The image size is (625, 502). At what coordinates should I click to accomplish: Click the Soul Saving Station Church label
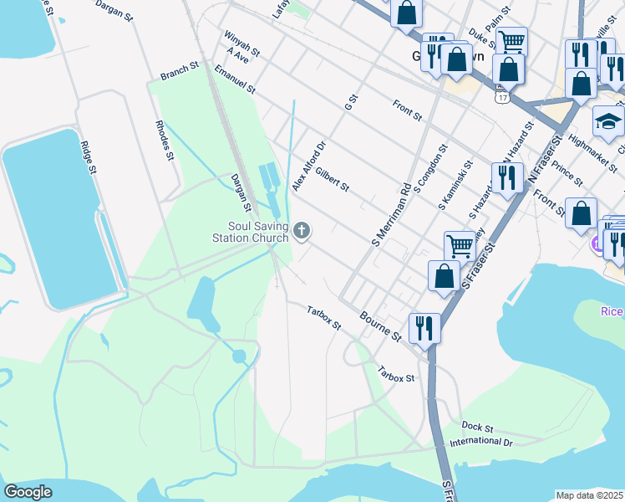(x=258, y=231)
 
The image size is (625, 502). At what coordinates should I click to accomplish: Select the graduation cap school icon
(x=608, y=122)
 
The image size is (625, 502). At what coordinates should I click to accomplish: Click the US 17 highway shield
(x=501, y=98)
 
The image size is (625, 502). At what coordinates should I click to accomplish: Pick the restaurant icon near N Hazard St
(x=507, y=177)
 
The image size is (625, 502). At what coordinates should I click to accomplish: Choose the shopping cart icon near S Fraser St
(x=460, y=246)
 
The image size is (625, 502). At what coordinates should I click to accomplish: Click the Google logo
(x=28, y=492)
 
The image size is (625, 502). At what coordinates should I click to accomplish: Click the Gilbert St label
(x=332, y=178)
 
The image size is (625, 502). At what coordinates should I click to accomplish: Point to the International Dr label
(x=480, y=441)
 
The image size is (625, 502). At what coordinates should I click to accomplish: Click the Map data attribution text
(x=590, y=495)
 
